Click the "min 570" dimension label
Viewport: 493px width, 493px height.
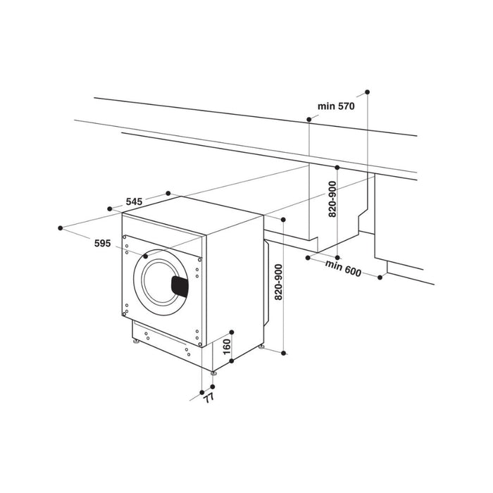tap(335, 106)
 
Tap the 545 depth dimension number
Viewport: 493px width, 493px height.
tap(134, 202)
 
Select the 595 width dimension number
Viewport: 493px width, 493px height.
tap(102, 244)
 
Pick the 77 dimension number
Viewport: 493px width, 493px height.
tap(208, 398)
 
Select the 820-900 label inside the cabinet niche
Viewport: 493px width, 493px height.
tap(333, 200)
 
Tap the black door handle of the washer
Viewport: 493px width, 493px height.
tap(181, 285)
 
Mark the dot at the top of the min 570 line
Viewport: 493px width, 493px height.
tap(367, 92)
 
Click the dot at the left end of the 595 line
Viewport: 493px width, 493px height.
tap(61, 227)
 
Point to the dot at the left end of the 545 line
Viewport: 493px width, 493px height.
tap(109, 209)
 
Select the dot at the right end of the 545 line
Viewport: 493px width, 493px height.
tap(168, 192)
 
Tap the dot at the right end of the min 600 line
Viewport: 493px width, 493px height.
tap(380, 277)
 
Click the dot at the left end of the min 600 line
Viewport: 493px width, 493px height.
tap(308, 258)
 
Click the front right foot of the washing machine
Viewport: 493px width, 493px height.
tap(212, 370)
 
